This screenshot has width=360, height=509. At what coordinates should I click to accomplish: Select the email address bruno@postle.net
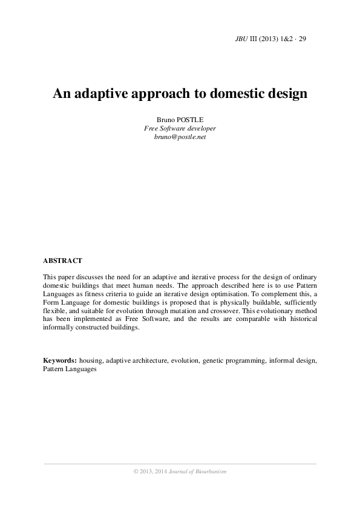[x=180, y=137]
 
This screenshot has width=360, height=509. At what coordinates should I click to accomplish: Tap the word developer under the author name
[x=201, y=129]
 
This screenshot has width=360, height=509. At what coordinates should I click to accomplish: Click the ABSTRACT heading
[x=62, y=261]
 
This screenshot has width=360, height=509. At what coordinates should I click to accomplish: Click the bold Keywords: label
[x=59, y=360]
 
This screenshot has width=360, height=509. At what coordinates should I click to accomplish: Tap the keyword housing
[x=91, y=360]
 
